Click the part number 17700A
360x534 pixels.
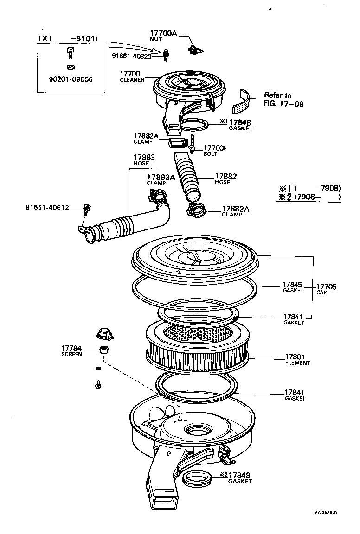[x=164, y=33]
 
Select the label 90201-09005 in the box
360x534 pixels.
[x=71, y=79]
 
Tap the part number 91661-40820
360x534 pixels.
[x=131, y=56]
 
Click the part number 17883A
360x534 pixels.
[x=161, y=177]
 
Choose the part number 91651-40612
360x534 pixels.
[x=47, y=208]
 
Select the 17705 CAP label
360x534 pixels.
[x=326, y=290]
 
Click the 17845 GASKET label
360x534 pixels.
[x=292, y=287]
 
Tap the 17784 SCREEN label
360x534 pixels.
[x=71, y=350]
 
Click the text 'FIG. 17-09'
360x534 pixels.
[x=283, y=104]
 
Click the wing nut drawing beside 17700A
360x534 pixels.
[x=195, y=49]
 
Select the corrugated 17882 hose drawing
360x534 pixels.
[x=187, y=176]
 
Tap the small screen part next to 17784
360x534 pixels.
[x=104, y=349]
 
